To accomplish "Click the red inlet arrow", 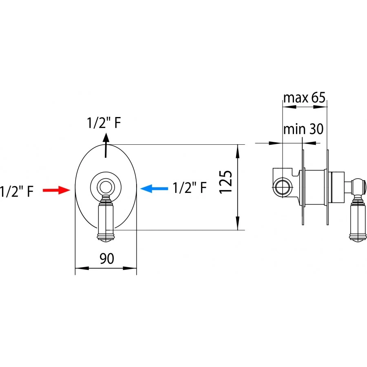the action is (56, 190).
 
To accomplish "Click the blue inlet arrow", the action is (154, 188).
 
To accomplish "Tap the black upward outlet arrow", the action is (106, 145).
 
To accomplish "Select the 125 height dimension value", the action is (226, 182).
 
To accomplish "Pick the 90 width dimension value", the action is (107, 259).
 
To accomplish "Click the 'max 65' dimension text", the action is (304, 97).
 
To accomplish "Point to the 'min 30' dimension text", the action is (303, 129).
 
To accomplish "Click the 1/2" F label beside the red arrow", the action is (17, 191).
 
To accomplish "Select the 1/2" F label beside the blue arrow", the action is (190, 188).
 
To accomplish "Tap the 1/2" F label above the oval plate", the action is (104, 123).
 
